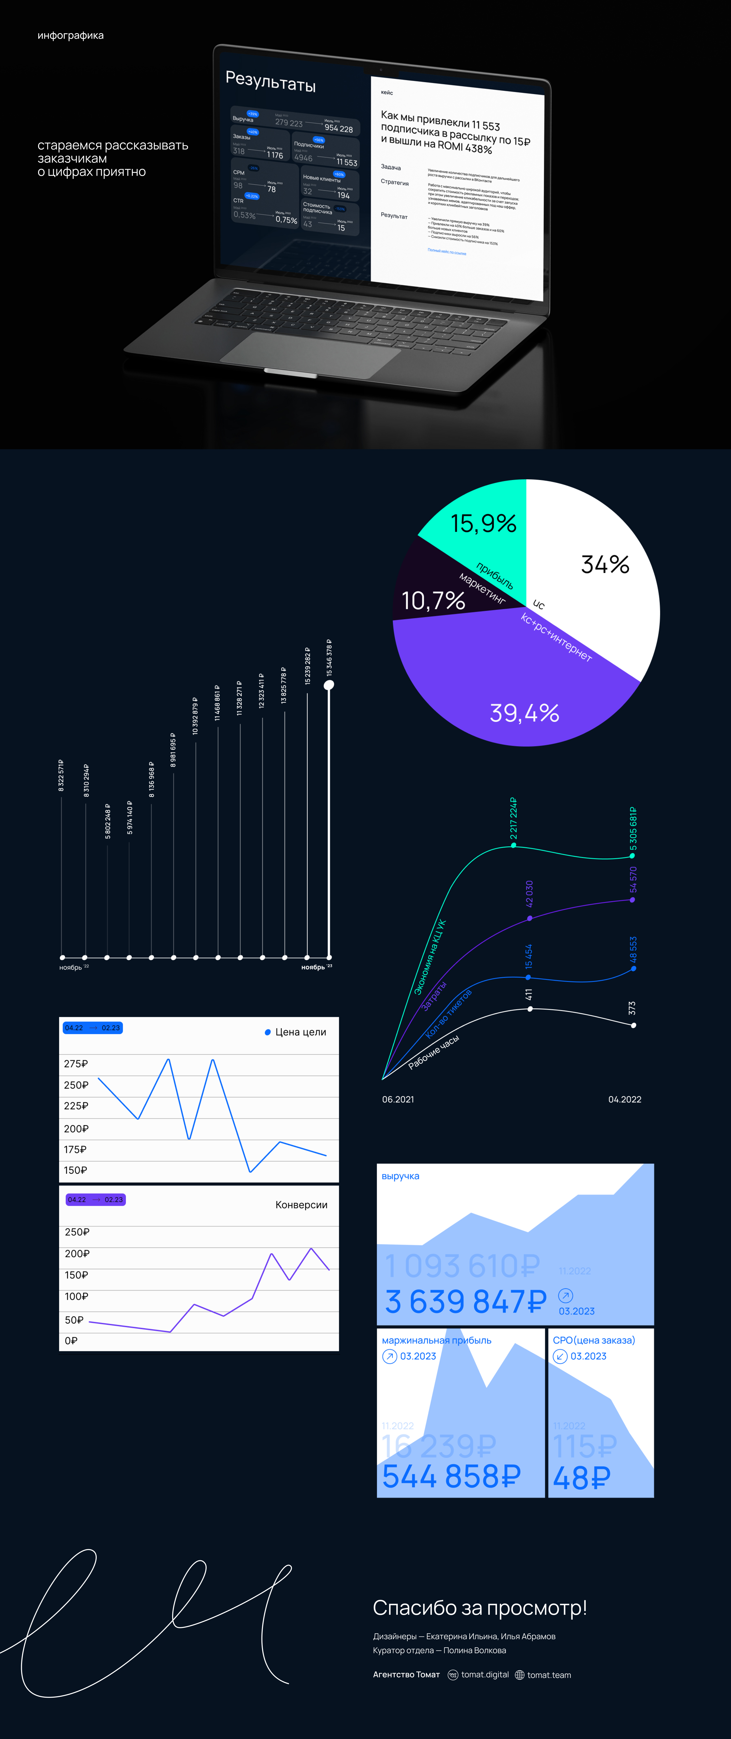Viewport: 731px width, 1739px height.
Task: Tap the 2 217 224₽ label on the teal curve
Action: click(513, 818)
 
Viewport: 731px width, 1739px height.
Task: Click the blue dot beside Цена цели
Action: click(268, 1032)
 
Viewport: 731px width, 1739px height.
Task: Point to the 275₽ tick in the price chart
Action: click(76, 1064)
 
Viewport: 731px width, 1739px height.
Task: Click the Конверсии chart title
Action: click(301, 1205)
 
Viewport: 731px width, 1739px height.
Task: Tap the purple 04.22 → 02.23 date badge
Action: click(95, 1200)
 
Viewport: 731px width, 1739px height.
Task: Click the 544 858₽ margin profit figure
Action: click(451, 1476)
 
